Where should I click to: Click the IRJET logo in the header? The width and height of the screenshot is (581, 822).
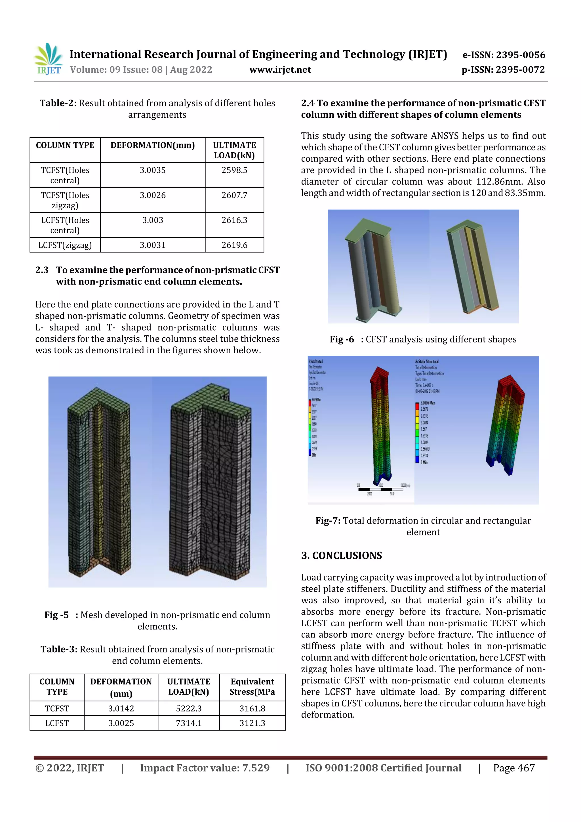pos(48,59)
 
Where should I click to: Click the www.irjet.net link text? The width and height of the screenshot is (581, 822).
pos(280,70)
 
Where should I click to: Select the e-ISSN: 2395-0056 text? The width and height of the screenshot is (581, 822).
pos(504,55)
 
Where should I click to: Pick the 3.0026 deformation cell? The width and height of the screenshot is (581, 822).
pos(153,195)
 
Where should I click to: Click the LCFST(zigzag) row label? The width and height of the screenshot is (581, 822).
pos(65,245)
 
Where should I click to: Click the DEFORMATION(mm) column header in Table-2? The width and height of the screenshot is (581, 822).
pos(153,145)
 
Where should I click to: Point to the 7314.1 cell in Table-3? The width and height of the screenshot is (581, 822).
pos(188,723)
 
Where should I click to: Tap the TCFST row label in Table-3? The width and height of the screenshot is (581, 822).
pos(57,709)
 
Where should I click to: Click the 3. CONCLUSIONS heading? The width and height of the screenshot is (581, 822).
pos(341,555)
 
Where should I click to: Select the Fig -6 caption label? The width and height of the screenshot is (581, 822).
pos(342,339)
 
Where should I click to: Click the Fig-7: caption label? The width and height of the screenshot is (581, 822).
pos(328,521)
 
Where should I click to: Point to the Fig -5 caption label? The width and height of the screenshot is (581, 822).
pos(56,615)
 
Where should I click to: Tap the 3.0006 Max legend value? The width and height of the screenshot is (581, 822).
pos(428,403)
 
